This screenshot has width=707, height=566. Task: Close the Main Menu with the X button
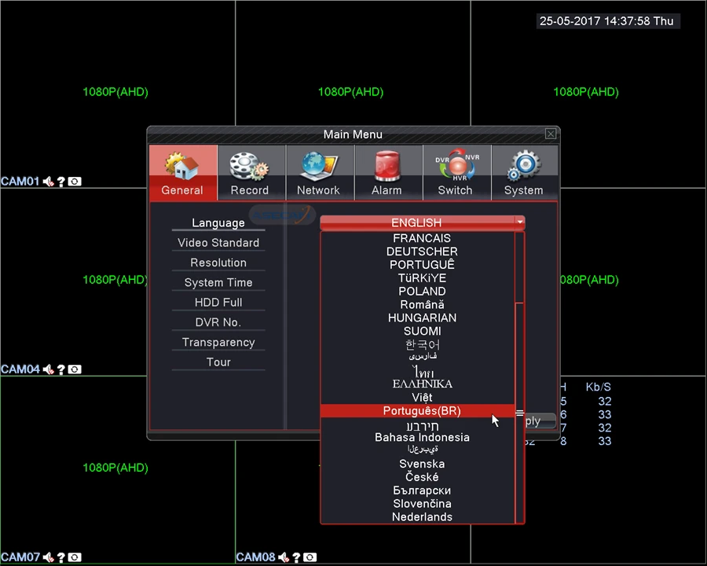click(x=551, y=134)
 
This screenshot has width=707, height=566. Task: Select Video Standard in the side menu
click(x=218, y=243)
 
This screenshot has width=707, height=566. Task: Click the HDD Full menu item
click(x=218, y=303)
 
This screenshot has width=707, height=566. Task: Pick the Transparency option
click(x=218, y=343)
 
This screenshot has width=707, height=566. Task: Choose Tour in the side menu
click(x=218, y=362)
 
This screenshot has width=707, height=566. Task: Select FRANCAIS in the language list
click(x=422, y=238)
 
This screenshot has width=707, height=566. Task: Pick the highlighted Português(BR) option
click(x=422, y=411)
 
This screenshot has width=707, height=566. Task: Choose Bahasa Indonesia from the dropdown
click(x=422, y=438)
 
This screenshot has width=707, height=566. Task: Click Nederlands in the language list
click(x=422, y=517)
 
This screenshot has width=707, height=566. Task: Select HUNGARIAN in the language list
click(x=422, y=318)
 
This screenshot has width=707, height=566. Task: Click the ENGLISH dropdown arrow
click(x=520, y=222)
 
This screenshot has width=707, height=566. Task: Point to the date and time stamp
click(x=606, y=21)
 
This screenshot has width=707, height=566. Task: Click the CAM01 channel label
click(x=20, y=182)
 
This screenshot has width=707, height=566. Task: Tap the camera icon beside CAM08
click(x=310, y=557)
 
